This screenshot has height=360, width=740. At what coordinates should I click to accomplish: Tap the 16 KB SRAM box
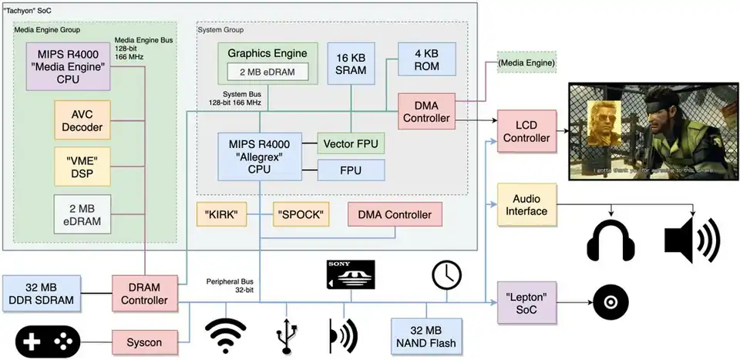[x=351, y=64]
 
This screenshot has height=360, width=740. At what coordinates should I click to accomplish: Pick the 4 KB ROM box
[x=426, y=60]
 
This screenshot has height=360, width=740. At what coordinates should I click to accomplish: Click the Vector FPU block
[x=351, y=143]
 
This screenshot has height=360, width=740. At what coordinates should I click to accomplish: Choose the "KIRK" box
[x=221, y=214]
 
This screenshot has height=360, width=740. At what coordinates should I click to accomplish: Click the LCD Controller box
[x=526, y=130]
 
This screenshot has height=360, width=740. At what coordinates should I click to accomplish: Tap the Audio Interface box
[x=526, y=205]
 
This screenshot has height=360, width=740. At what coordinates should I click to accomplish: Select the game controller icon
[x=47, y=340]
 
